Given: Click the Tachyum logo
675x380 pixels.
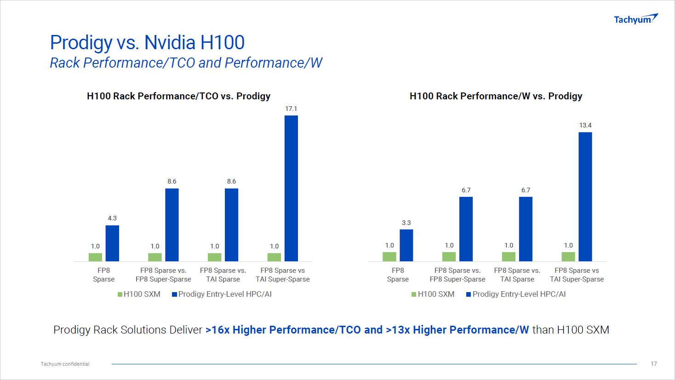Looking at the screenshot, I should [x=635, y=19].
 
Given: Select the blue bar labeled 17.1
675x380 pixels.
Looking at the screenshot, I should [x=291, y=188].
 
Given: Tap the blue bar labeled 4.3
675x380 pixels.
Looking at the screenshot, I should [x=112, y=243].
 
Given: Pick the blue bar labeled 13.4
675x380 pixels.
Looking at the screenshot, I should [x=585, y=196].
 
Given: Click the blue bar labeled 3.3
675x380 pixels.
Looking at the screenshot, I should [x=406, y=245].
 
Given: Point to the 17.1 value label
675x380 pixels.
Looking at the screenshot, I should [x=291, y=109].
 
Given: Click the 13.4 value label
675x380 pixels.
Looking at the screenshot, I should [x=585, y=125].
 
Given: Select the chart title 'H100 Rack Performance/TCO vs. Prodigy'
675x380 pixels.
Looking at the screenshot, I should [x=178, y=96].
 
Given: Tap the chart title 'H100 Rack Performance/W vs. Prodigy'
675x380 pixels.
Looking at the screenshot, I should [x=496, y=96].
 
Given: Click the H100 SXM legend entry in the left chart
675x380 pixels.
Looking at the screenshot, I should [x=139, y=294].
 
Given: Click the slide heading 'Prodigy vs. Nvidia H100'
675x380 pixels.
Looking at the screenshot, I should [x=147, y=42].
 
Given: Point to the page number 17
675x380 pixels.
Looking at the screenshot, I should [x=653, y=364].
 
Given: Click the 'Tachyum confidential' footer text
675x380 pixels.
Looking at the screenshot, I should [x=65, y=364].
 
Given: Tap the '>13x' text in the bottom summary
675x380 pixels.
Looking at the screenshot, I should [x=398, y=330].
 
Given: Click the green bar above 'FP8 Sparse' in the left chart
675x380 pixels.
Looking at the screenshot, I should [x=95, y=257].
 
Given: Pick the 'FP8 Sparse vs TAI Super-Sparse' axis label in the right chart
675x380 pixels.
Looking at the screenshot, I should [x=577, y=275].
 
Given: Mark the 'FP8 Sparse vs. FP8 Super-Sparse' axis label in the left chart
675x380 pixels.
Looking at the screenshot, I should [x=163, y=275].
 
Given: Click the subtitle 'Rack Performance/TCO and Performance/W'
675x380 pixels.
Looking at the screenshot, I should [x=186, y=63].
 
